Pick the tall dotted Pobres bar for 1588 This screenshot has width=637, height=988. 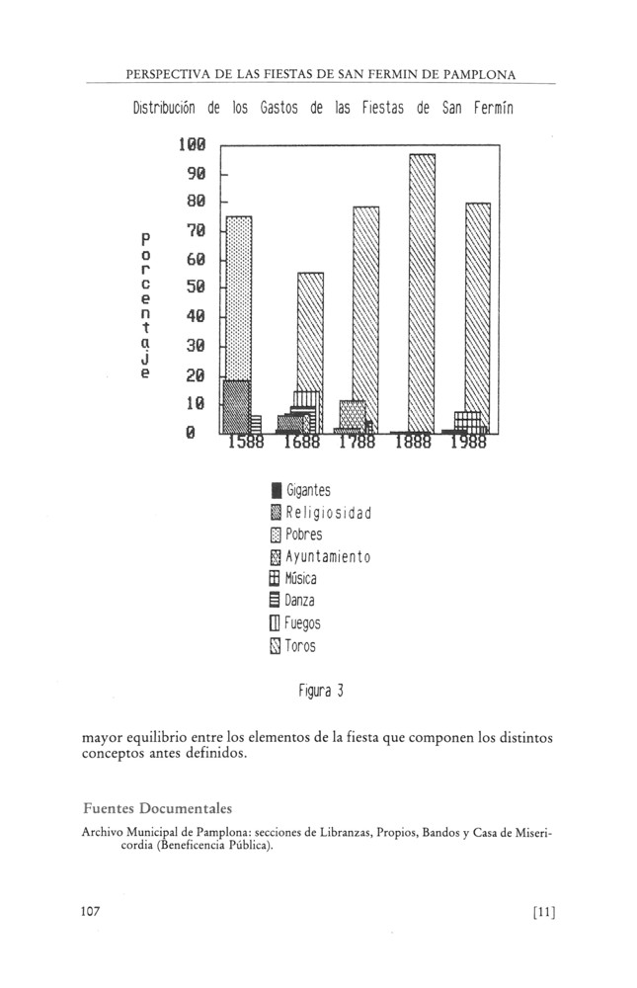pos(238,296)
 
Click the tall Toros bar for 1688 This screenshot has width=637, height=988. pos(310,331)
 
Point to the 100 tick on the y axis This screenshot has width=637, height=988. pos(191,145)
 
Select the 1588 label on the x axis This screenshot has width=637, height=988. pos(246,444)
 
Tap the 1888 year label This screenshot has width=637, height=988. pos(413,444)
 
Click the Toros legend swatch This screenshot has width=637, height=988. pos(276,647)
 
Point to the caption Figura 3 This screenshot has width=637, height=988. pos(320,691)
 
